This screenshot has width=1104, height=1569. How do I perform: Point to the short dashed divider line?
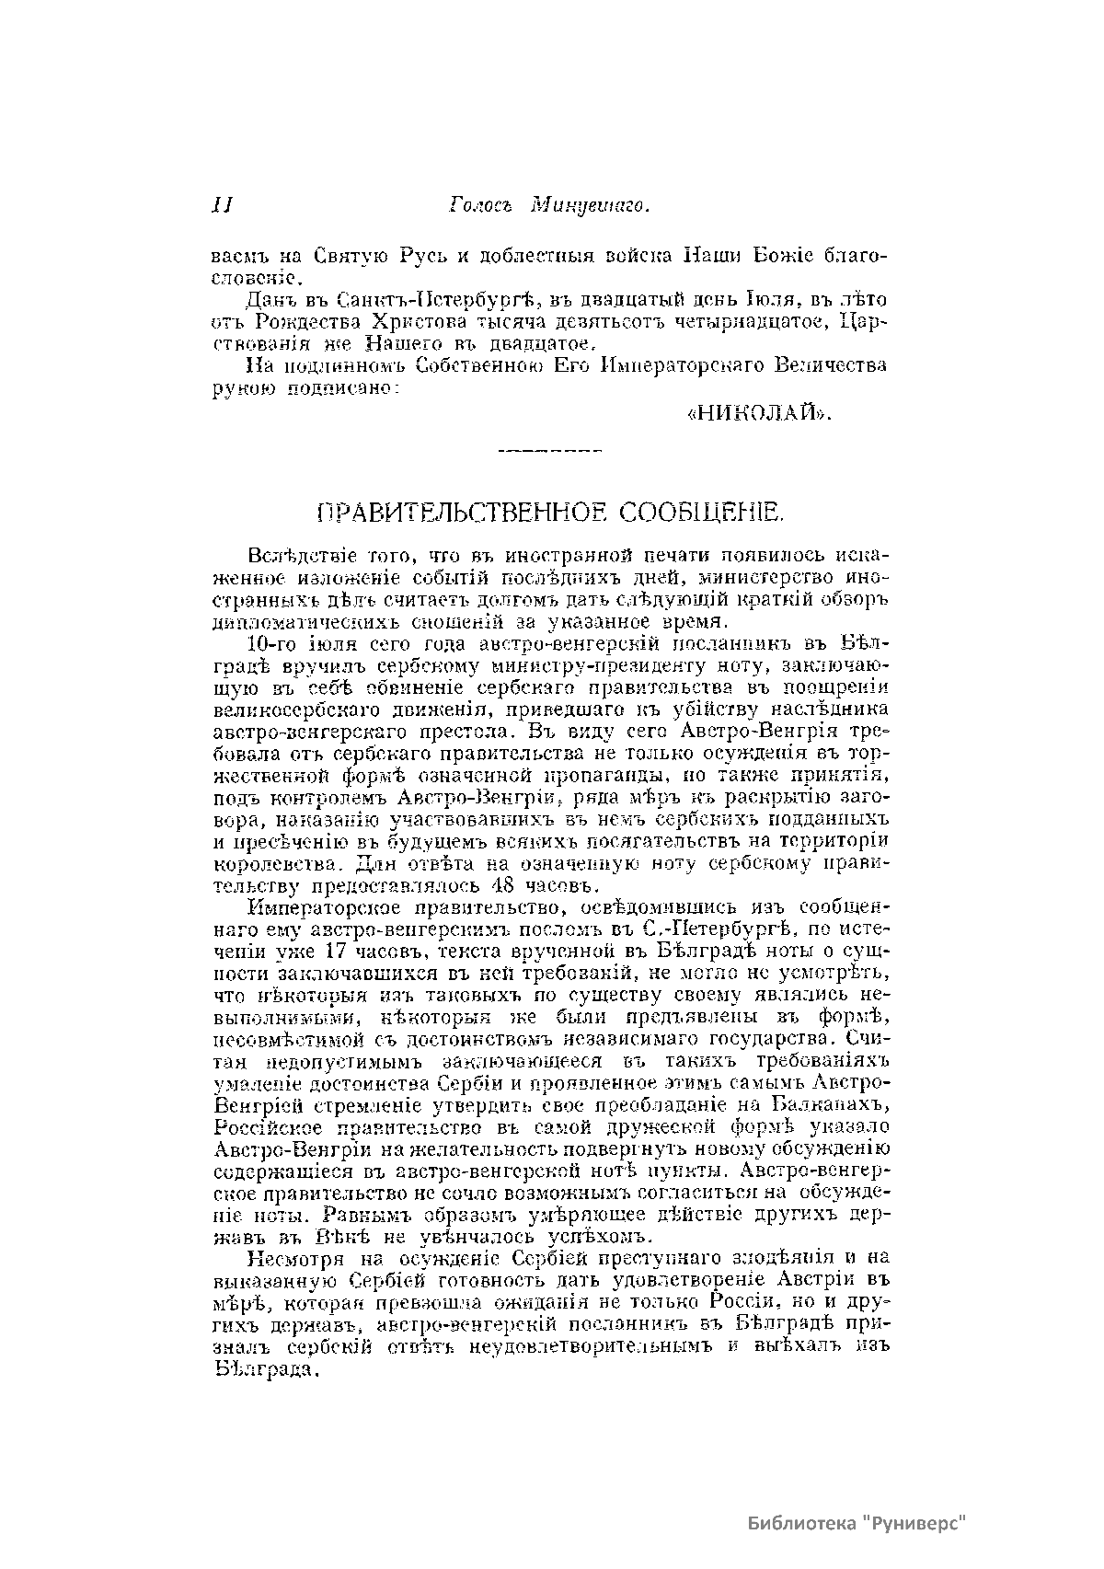(x=548, y=451)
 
